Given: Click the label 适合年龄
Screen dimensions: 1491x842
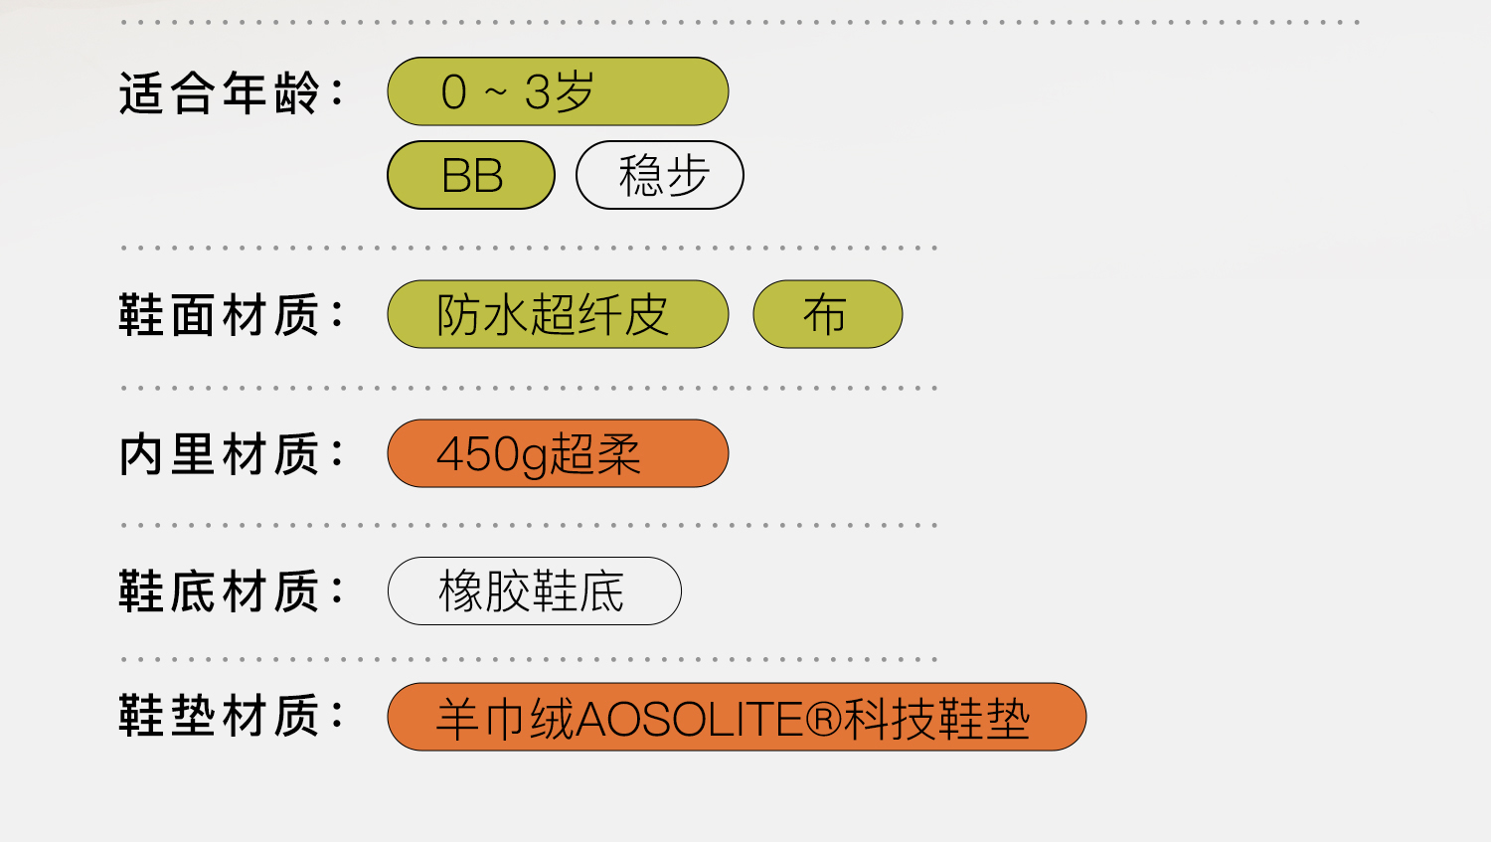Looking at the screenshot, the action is pos(219,93).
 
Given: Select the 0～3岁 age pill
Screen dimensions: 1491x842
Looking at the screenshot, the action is pos(557,91).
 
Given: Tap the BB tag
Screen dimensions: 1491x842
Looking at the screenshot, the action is pos(471,176).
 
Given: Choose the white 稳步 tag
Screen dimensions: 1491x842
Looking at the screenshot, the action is pos(660,176).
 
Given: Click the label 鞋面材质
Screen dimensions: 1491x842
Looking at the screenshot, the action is pos(219,315).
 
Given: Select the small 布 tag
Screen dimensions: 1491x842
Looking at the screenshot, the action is pos(827,315).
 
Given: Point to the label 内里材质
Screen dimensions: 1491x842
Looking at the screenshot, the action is pos(219,454).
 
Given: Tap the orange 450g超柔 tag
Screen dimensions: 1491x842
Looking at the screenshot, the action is pos(557,454).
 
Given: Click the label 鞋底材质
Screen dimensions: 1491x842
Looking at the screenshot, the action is pos(219,591).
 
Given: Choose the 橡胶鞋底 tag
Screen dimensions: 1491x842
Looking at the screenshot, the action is pos(534,591).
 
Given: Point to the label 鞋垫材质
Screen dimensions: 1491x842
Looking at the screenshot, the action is pos(219,716).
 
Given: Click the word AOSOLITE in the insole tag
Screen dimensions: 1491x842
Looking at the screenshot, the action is pos(689,719).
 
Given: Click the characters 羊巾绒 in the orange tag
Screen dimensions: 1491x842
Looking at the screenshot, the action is pos(505,719).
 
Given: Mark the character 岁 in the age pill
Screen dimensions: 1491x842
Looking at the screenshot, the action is pos(574,92).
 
